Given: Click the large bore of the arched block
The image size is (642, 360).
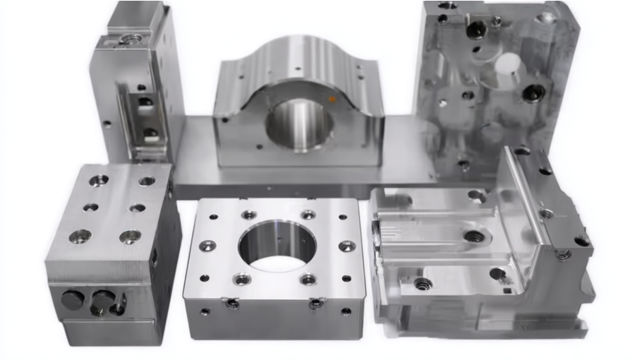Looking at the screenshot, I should click(x=298, y=124).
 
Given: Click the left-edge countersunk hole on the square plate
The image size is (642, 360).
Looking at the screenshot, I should click(x=207, y=246).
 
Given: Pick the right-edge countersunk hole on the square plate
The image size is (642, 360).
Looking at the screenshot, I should click(x=346, y=246).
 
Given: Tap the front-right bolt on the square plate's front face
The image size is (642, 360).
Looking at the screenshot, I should click(x=317, y=304).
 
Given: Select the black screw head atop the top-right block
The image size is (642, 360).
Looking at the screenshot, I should click(x=476, y=30).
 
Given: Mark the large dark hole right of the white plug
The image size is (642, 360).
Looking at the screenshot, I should click(x=534, y=92).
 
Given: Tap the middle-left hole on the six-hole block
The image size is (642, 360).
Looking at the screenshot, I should click(x=90, y=208).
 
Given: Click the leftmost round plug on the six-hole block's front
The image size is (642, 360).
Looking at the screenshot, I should click(x=72, y=301).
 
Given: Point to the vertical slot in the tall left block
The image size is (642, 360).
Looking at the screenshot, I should click(x=145, y=116).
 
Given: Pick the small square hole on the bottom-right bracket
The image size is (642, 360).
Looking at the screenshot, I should click(x=507, y=289).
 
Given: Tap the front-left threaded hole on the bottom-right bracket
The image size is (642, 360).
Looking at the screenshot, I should click(x=423, y=284).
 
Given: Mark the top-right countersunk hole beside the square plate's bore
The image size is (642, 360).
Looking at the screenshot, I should click(x=308, y=215).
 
